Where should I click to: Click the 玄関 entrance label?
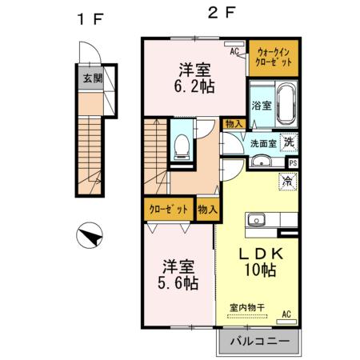click(91, 78)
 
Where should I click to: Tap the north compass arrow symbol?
click(90, 237)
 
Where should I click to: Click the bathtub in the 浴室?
click(287, 100)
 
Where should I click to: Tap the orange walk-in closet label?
click(273, 55)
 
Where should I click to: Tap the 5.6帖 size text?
click(176, 283)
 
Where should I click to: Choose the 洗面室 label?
click(263, 144)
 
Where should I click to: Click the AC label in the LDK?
click(286, 316)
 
